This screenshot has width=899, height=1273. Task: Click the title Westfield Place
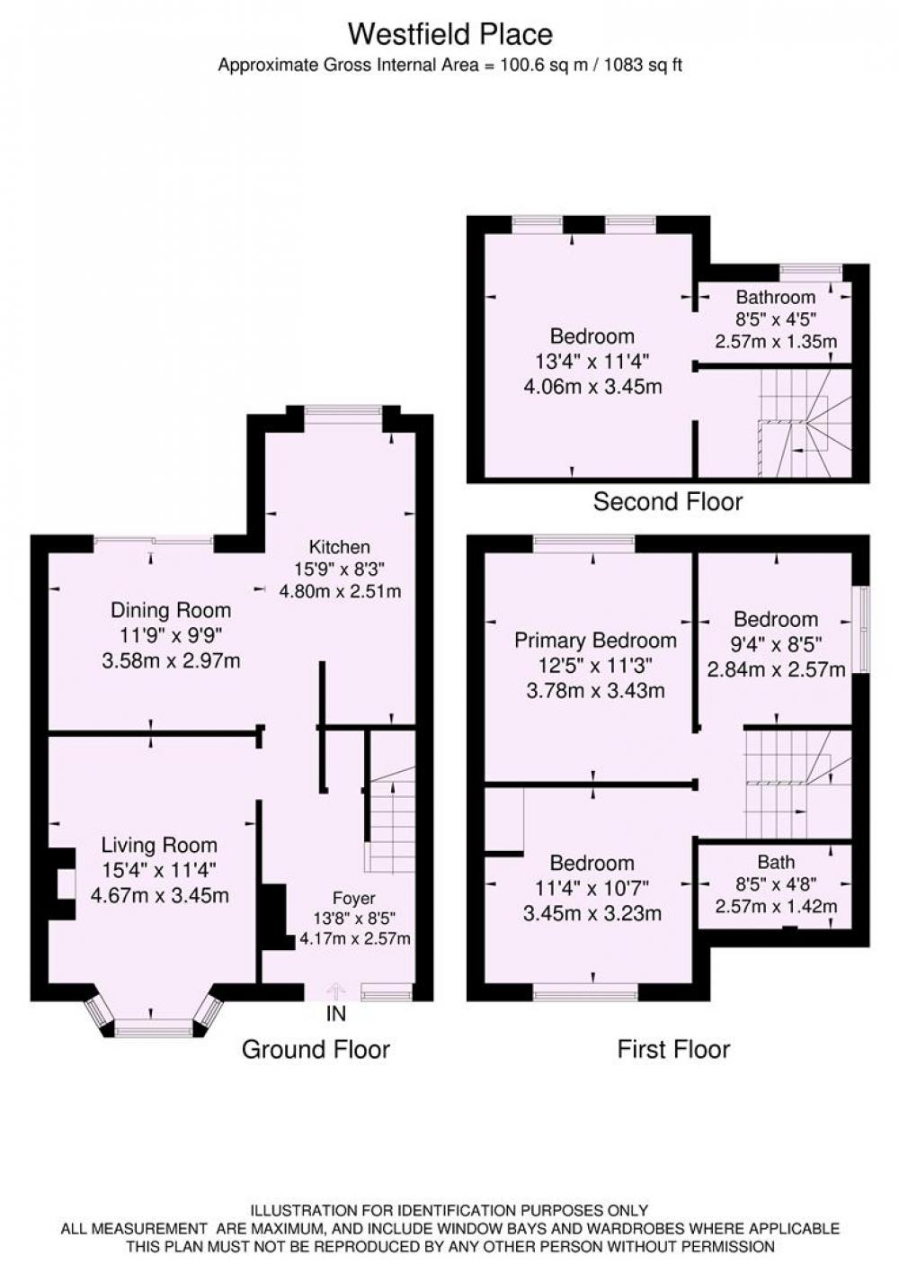[449, 34]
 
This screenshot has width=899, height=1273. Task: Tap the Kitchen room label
[339, 547]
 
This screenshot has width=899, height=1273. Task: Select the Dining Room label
[171, 610]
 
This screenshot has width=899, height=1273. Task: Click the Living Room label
[159, 845]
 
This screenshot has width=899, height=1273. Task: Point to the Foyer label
[354, 898]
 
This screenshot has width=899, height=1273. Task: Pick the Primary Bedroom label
[595, 641]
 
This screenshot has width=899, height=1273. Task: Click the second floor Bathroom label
[776, 297]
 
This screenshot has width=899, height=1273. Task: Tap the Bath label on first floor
[776, 862]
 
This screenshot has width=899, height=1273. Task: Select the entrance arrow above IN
[335, 991]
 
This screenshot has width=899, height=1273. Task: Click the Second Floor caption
[668, 501]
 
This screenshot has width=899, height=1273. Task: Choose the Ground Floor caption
[316, 1049]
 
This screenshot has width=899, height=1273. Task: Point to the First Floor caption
[673, 1049]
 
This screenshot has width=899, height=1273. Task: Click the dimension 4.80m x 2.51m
[340, 591]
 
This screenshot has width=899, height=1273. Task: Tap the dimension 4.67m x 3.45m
[160, 896]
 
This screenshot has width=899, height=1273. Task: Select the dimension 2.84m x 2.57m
[776, 670]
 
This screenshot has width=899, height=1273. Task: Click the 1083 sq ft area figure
[643, 65]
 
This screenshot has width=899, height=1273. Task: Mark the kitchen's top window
[343, 410]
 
